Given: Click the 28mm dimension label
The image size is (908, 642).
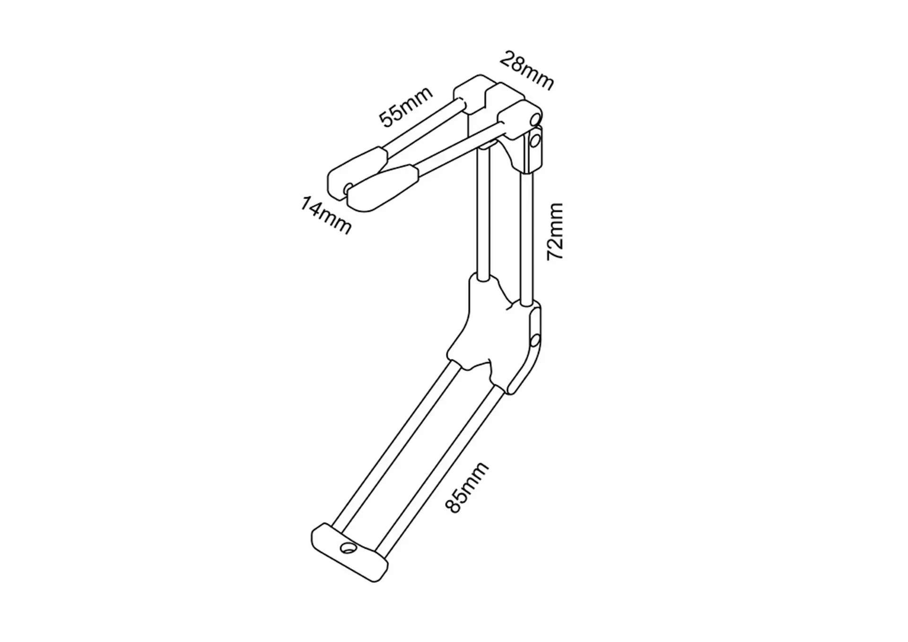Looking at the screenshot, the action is tap(526, 70).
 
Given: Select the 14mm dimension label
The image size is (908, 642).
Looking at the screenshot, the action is tap(326, 216).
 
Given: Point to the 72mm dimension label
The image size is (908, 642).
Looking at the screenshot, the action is tap(555, 231).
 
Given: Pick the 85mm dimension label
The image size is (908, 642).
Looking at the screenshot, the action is tap(466, 487).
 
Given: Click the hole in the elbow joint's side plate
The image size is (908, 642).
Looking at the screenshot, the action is tap(535, 340).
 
